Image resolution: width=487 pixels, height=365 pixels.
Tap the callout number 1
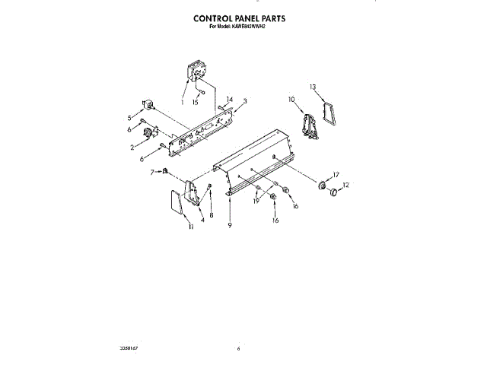point(183,101)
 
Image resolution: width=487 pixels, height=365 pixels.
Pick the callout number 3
point(245,101)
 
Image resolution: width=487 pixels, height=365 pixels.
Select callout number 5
point(130,117)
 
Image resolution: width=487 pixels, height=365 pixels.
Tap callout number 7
point(152,171)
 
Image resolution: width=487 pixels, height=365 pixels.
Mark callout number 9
point(228,227)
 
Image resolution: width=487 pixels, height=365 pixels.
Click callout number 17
point(335,175)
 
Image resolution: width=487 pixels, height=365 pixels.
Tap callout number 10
point(291,100)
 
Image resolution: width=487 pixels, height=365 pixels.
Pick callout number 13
point(313,87)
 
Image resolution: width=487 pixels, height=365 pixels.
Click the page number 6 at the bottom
point(238,348)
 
